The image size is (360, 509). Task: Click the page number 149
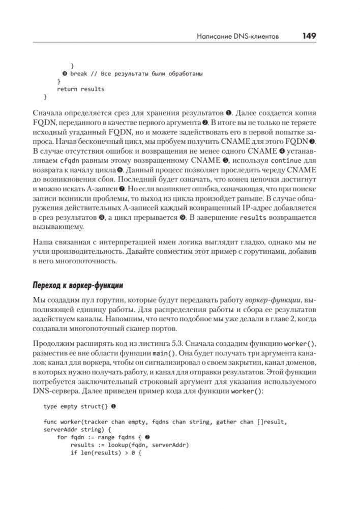point(309,36)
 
